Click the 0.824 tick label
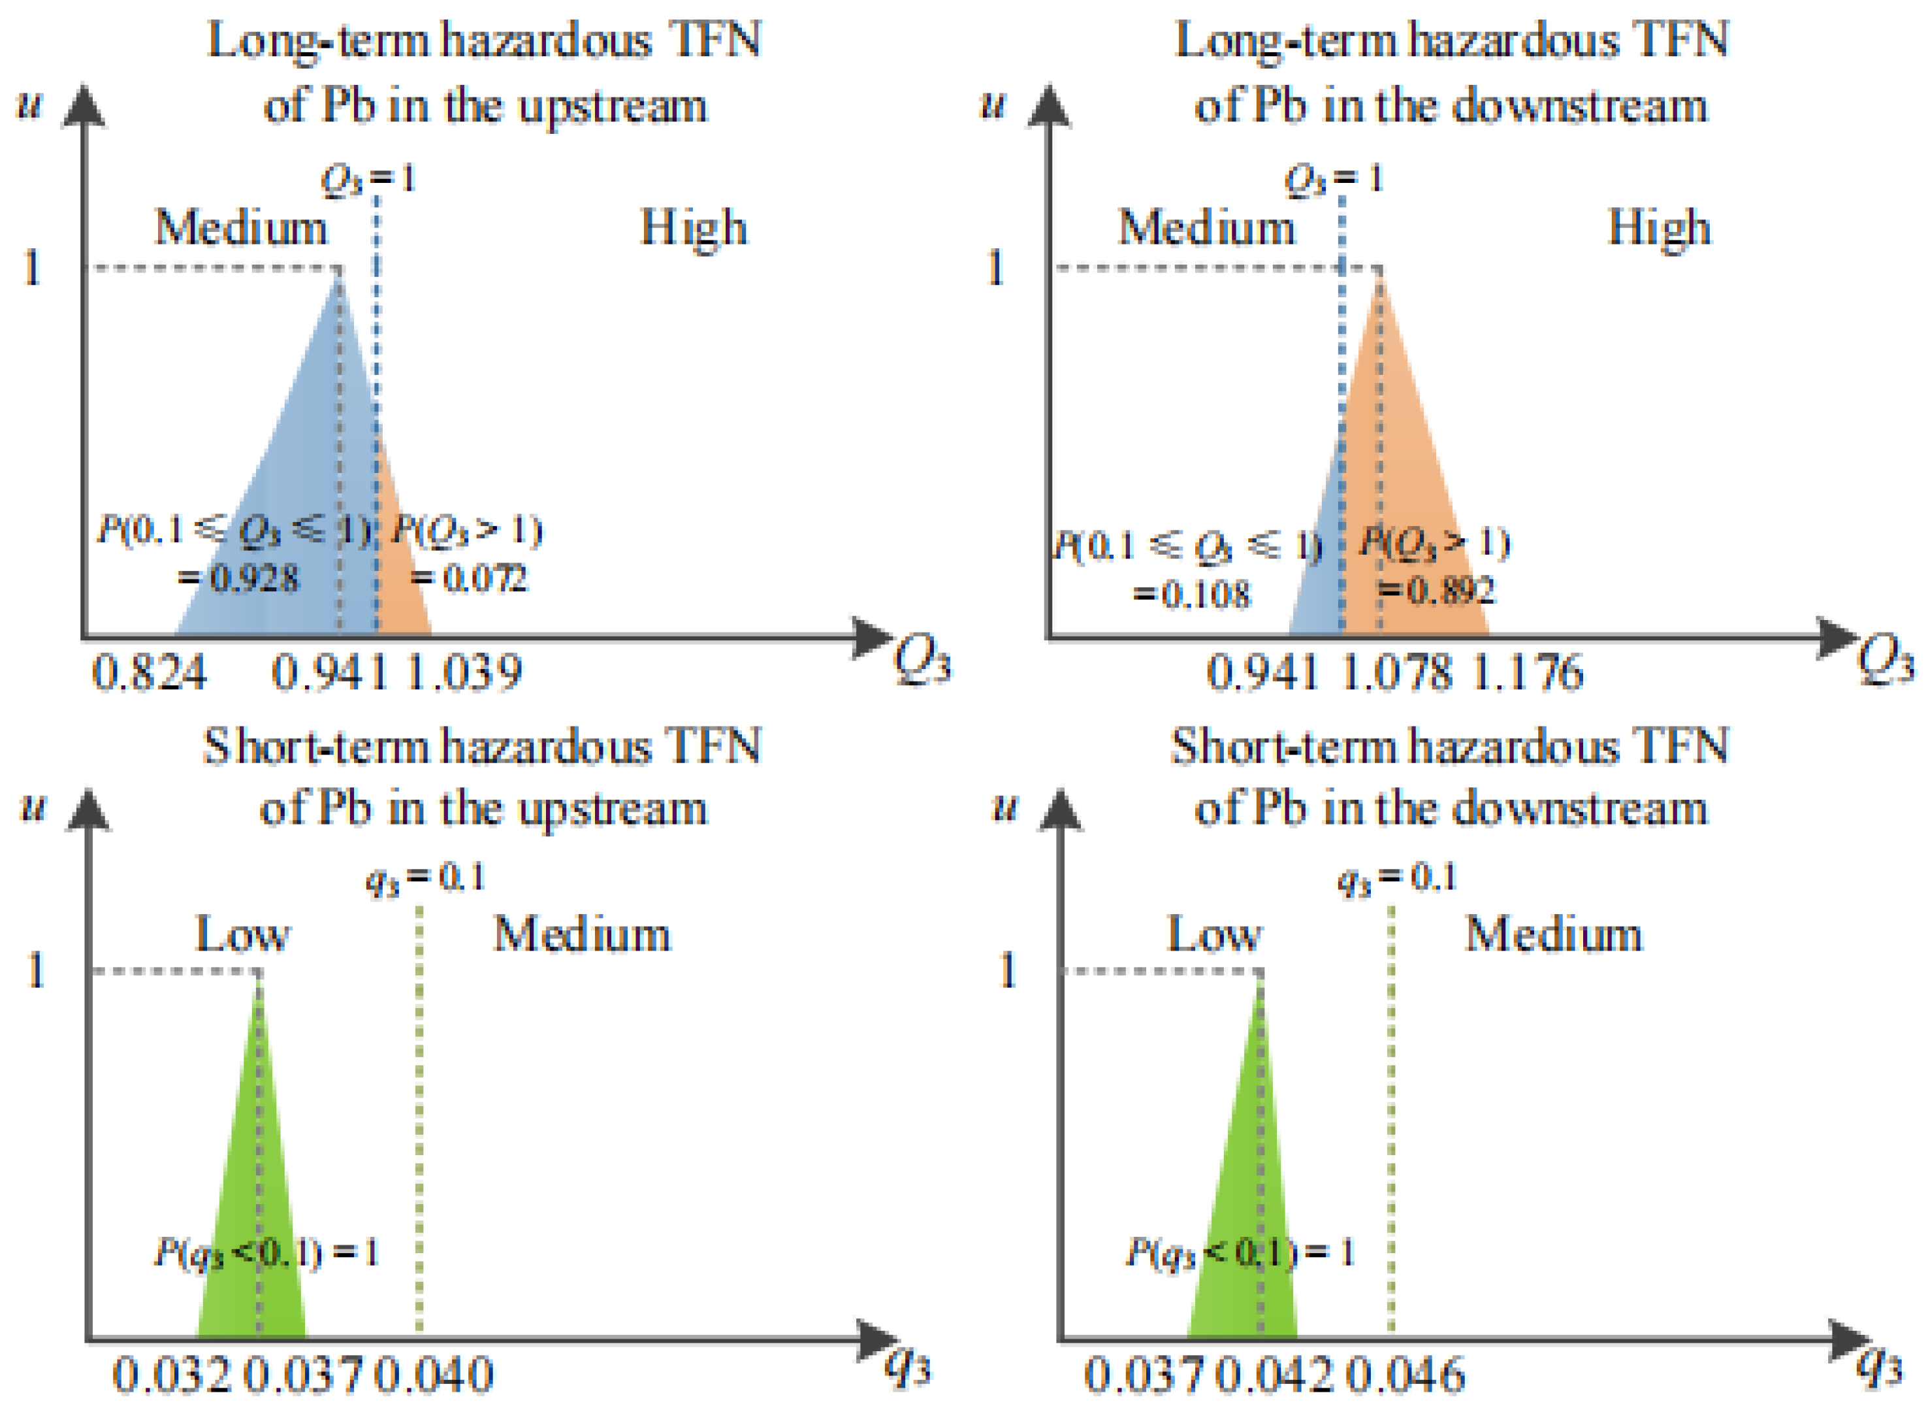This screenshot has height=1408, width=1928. [x=149, y=674]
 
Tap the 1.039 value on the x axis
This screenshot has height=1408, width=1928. [x=464, y=674]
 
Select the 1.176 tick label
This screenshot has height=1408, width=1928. [x=1527, y=674]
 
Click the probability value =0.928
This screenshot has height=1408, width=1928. [x=240, y=580]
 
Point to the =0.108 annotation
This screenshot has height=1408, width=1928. [x=1192, y=594]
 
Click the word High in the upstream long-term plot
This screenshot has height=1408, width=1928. [x=694, y=229]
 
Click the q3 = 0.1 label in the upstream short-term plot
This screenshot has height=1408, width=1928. [x=425, y=878]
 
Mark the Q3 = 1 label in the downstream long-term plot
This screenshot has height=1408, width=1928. [x=1334, y=180]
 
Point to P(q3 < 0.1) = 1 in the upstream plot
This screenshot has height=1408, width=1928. [x=266, y=1253]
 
